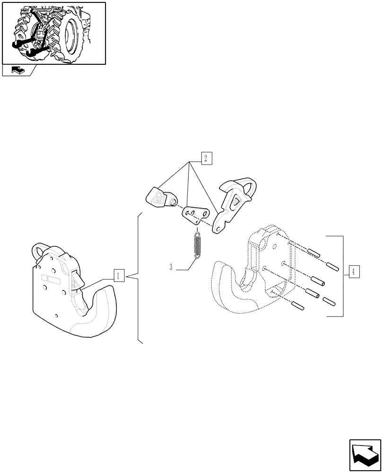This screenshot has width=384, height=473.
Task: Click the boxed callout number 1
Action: click(119, 275)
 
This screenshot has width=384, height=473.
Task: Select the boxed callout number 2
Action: click(206, 158)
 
